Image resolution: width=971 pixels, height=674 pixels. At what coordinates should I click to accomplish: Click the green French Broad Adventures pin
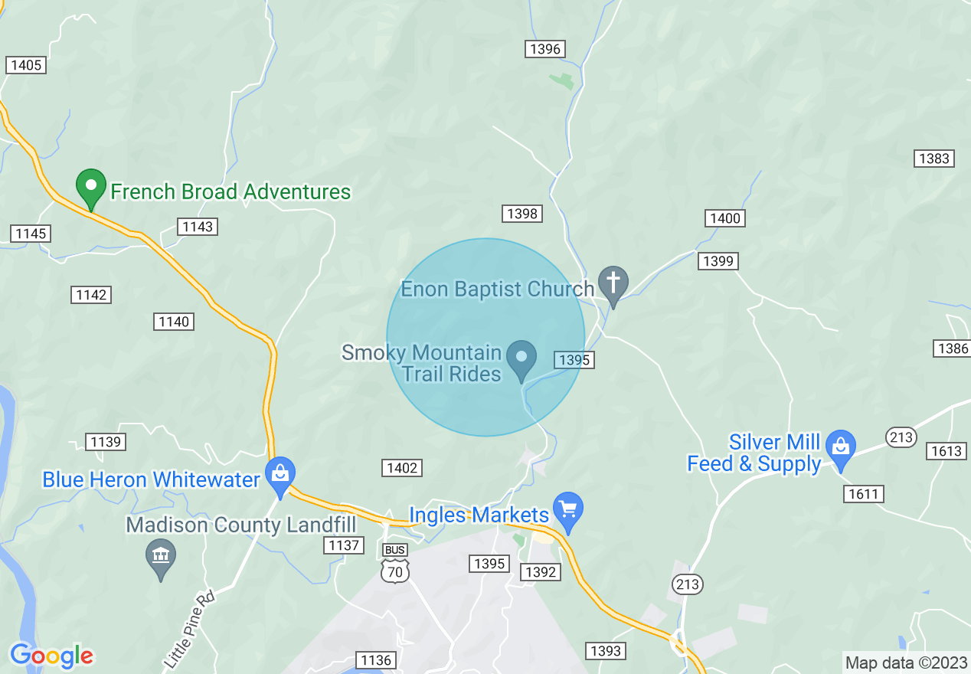click(x=91, y=187)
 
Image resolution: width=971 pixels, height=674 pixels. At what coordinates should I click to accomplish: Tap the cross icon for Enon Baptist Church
click(x=613, y=283)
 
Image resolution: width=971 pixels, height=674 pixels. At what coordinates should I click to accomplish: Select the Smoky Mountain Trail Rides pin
click(x=522, y=358)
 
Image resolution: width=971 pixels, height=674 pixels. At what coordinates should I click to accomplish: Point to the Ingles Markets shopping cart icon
click(x=567, y=510)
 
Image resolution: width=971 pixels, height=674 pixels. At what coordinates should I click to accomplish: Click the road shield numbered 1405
click(x=26, y=65)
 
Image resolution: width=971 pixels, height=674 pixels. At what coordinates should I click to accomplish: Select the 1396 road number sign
click(x=545, y=49)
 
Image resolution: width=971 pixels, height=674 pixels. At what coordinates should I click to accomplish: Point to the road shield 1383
click(x=933, y=159)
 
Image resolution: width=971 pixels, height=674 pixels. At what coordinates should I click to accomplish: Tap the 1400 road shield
click(x=724, y=218)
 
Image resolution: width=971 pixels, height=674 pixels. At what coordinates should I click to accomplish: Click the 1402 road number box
click(x=402, y=467)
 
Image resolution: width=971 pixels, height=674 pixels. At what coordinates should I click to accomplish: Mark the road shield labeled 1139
click(x=106, y=441)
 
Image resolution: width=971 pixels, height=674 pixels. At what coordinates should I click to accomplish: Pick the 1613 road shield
click(x=946, y=450)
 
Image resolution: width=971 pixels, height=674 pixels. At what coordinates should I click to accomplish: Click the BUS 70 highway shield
click(x=395, y=564)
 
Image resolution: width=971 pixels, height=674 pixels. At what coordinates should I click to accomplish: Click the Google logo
click(x=51, y=656)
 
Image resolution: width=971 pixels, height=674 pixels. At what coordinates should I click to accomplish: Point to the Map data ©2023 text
click(x=905, y=662)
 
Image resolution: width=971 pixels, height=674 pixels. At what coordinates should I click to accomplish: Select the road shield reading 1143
click(x=198, y=226)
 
